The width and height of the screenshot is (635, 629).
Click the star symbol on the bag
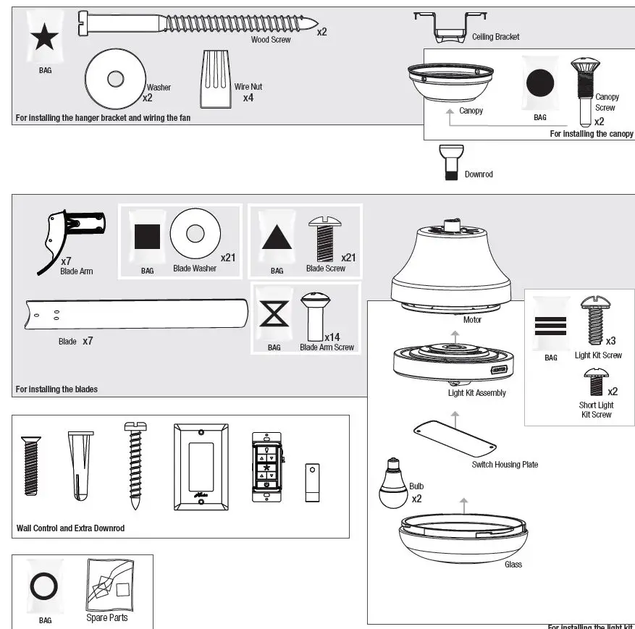point(44,38)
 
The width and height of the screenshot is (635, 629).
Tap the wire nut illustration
point(214,78)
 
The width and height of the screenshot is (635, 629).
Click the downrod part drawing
point(450,161)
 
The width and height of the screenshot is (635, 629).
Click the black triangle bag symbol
point(277,237)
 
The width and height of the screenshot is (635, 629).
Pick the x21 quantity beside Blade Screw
point(348,257)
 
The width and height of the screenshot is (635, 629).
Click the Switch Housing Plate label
point(505,465)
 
